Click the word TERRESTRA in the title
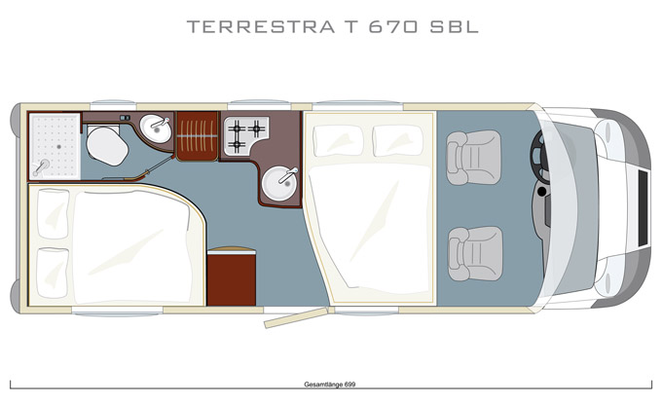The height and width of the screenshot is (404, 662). pos(261,26)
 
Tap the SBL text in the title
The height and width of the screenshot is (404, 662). pos(455,26)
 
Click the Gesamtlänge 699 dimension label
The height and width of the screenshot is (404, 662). pos(330,385)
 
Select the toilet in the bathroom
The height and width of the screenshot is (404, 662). pos(107,145)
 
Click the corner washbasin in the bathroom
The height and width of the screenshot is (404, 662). pos(156,129)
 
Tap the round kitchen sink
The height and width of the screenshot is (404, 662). pos(279,183)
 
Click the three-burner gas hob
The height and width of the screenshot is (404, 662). pos(245,135)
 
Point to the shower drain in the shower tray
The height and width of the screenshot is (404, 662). pos(59,146)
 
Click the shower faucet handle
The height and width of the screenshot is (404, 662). pos(41,167)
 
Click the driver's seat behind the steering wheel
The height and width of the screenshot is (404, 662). pos(474,158)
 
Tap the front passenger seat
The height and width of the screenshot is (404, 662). pos(475,254)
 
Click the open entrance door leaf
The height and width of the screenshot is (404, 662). pos(296,318)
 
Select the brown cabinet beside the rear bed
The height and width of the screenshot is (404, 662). pos(232,276)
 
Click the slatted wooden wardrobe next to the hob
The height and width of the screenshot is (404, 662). pos(198,136)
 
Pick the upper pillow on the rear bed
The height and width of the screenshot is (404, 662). pos(54,213)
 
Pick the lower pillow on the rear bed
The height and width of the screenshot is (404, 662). pos(53,273)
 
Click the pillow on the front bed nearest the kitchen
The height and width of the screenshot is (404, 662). pos(339,141)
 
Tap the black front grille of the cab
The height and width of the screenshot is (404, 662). pos(643,208)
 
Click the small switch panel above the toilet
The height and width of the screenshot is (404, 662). pos(125,118)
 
